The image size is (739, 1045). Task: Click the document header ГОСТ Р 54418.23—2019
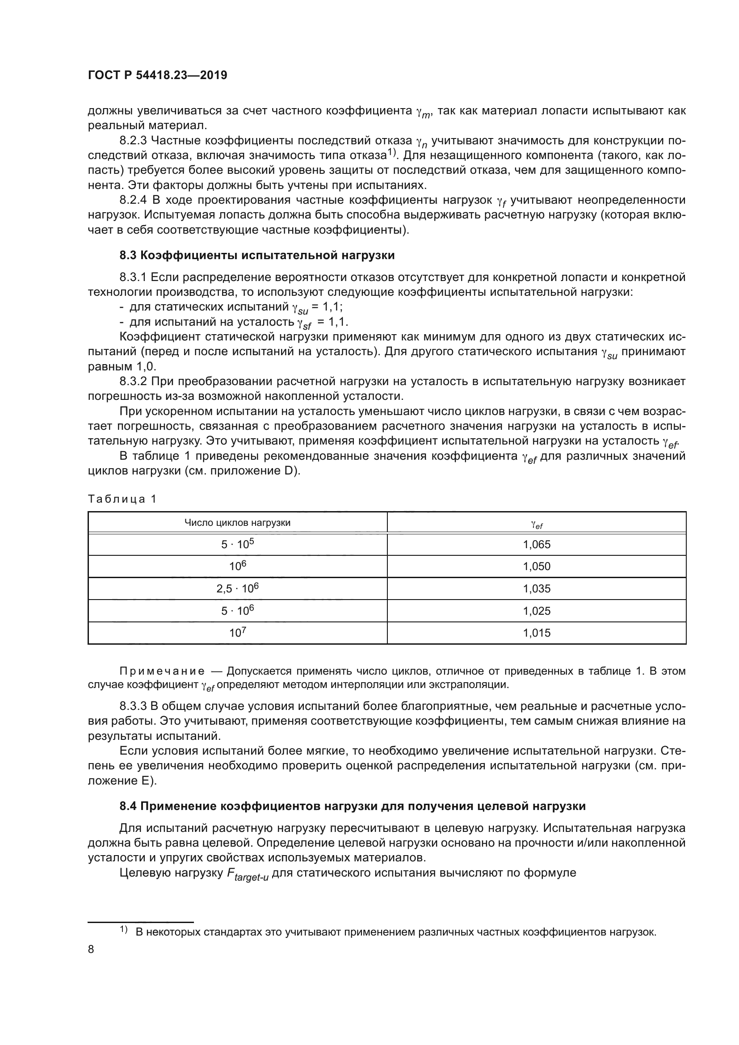[157, 76]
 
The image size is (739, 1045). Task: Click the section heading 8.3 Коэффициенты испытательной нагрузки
[257, 256]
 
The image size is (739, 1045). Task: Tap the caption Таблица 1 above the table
[122, 499]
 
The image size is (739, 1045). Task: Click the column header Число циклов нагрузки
[237, 523]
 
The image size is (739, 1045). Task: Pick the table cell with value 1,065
[537, 544]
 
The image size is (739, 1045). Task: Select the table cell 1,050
[537, 567]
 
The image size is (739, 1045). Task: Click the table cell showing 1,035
[537, 589]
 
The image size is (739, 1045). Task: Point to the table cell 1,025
[537, 611]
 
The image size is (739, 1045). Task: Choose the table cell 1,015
[537, 633]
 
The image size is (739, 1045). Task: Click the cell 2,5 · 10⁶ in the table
[237, 589]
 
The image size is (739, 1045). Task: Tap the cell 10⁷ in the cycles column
[237, 633]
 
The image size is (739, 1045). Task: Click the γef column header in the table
[537, 524]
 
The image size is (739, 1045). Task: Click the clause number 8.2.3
[133, 141]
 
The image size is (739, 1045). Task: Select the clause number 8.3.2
[133, 382]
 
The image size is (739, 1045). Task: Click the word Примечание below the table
[162, 671]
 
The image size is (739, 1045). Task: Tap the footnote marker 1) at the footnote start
[124, 929]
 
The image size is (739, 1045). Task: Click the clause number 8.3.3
[133, 706]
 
